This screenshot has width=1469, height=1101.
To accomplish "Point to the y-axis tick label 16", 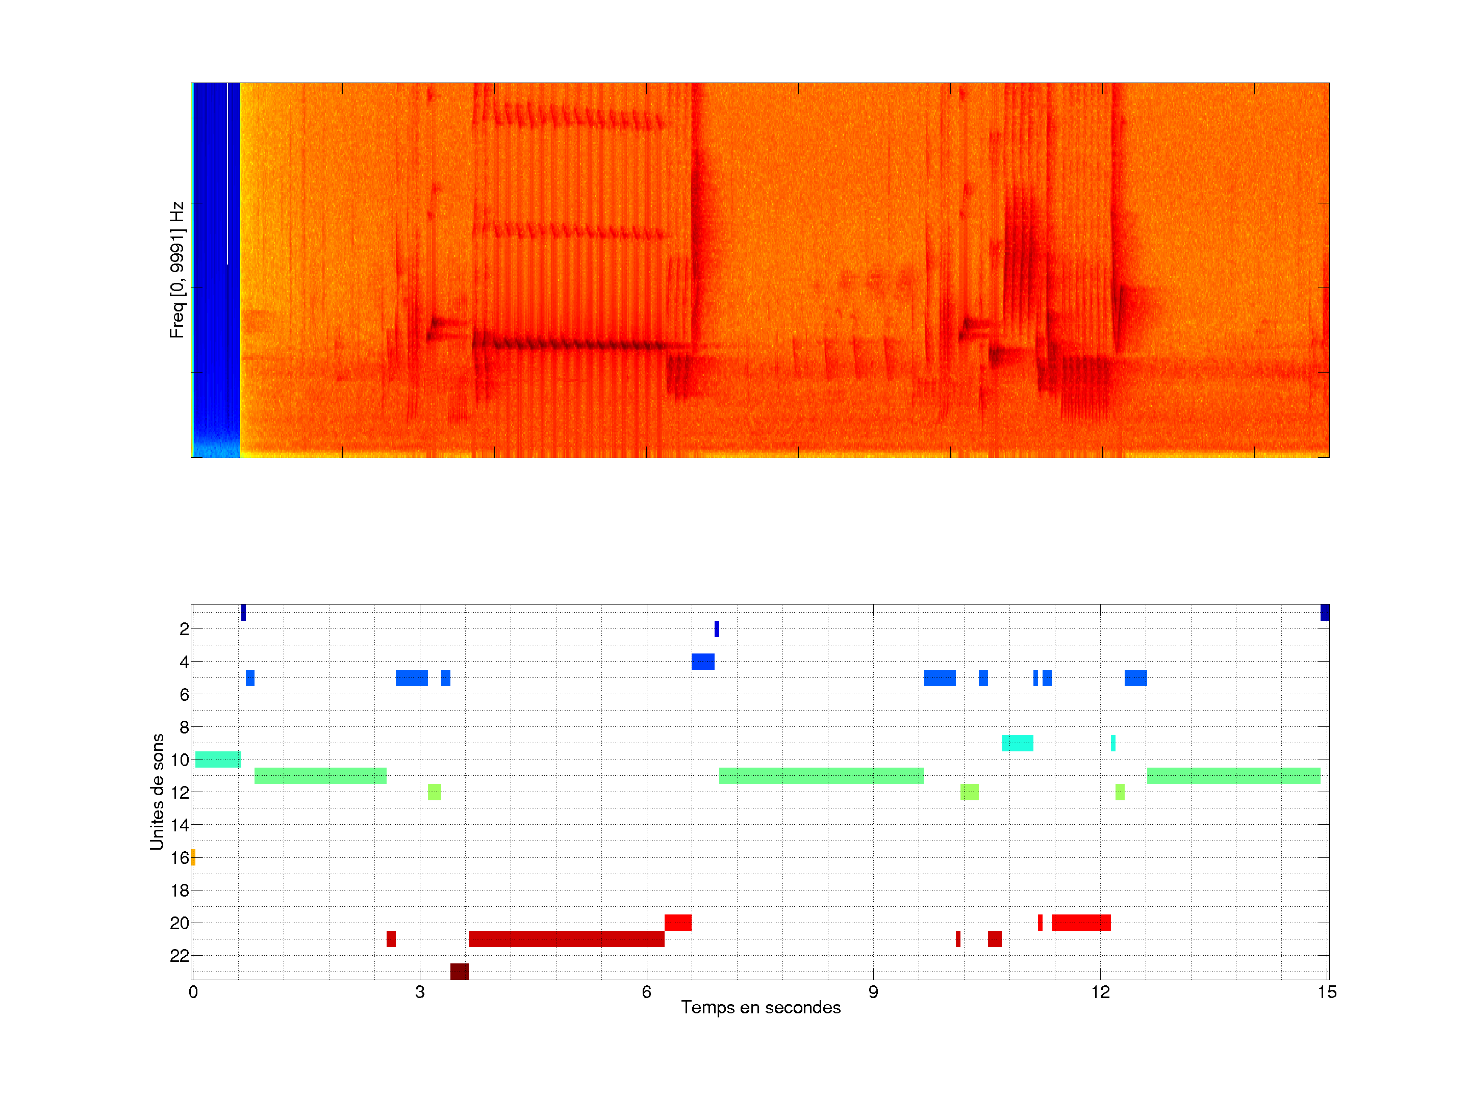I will tap(180, 858).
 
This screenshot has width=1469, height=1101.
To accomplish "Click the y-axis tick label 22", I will tap(180, 956).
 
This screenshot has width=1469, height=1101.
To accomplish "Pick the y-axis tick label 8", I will tap(184, 727).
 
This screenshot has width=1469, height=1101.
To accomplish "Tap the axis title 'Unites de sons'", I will tap(157, 792).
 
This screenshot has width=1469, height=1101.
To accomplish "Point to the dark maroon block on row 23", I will tap(459, 972).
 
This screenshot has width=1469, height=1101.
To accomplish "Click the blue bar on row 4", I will tap(703, 662).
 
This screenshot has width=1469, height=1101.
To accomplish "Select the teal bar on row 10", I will tap(218, 759).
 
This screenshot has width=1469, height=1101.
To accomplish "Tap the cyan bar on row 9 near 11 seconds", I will tap(1017, 743).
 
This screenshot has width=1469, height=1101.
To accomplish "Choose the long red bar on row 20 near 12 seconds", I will tap(1080, 923).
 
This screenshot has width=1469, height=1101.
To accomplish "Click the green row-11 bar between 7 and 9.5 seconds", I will tap(821, 776).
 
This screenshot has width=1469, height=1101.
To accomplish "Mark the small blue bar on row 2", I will tap(717, 628).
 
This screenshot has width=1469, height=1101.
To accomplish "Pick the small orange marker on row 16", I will tap(193, 857).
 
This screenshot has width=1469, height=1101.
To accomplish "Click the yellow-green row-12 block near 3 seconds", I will tap(435, 792).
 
